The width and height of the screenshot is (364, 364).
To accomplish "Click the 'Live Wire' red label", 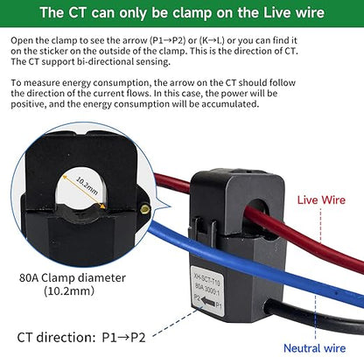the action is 321,200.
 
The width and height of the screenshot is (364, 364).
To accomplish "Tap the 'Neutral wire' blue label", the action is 314,348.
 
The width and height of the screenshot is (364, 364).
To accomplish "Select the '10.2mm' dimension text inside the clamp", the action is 87,185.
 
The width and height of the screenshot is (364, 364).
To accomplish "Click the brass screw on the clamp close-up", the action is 144,209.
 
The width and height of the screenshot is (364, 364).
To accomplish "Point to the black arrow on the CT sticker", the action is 208,302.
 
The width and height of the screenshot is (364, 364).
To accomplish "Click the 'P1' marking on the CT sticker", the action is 219,305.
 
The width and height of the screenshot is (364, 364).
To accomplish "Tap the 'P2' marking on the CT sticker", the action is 197,298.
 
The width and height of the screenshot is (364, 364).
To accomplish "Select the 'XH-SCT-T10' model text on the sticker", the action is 206,279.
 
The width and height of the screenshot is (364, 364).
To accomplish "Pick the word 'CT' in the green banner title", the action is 78,12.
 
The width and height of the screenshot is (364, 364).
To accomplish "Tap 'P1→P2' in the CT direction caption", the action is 123,338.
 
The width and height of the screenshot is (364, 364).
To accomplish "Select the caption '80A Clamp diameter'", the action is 73,277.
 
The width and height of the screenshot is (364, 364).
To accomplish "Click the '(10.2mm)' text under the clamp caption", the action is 69,290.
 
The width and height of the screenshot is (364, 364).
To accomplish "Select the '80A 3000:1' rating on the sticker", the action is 207,289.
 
